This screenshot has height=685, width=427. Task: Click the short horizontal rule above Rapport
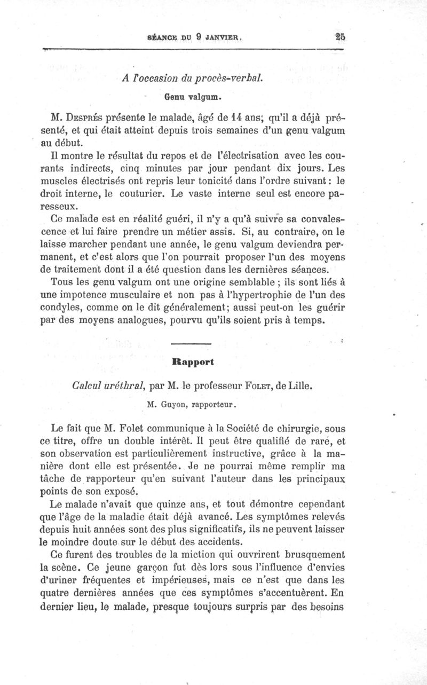192,344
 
